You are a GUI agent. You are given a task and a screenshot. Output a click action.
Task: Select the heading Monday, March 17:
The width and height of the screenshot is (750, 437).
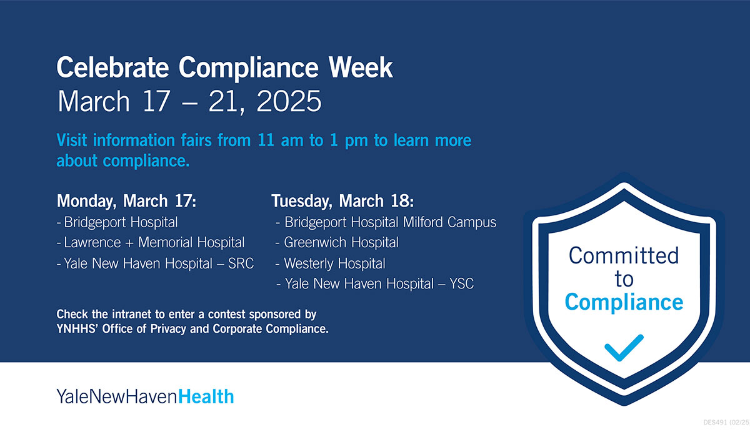click(127, 201)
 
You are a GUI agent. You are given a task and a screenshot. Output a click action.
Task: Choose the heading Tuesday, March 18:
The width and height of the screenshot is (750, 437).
click(342, 201)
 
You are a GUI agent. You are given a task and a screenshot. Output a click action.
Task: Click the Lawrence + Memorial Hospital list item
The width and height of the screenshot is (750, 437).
click(154, 242)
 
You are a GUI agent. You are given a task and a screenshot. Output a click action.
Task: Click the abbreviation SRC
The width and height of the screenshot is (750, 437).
click(241, 263)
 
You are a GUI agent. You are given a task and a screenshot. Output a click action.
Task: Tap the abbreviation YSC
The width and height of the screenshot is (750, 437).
click(461, 284)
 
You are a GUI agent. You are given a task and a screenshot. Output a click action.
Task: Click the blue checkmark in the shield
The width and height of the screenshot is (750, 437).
click(624, 347)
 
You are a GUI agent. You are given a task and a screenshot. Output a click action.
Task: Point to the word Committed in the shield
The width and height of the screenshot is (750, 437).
click(624, 255)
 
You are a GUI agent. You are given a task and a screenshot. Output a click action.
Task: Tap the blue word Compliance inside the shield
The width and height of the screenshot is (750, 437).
click(624, 302)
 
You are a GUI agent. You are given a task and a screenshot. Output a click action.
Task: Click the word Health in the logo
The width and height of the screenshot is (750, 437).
click(206, 396)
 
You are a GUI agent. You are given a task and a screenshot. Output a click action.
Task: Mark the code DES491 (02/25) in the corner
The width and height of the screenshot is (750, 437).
click(725, 423)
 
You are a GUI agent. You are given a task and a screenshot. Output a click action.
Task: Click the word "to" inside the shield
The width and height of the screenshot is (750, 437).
click(624, 278)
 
